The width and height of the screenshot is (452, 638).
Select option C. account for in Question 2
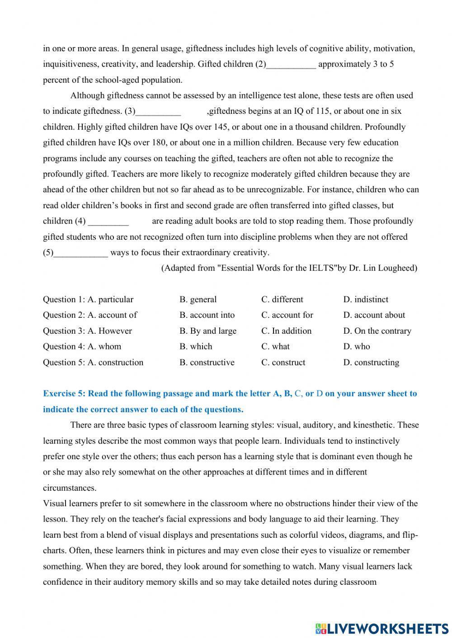click(x=287, y=315)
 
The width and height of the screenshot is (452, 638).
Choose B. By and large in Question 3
click(x=208, y=331)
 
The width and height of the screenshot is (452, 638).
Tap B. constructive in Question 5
click(x=207, y=362)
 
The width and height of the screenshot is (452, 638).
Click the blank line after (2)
click(x=291, y=65)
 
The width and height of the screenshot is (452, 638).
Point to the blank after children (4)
click(x=108, y=222)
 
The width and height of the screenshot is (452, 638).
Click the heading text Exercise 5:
click(x=64, y=394)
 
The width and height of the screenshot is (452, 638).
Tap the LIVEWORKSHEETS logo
click(x=381, y=628)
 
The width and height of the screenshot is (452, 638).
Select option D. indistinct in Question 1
click(x=366, y=299)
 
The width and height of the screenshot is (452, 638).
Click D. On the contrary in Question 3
click(x=377, y=331)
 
